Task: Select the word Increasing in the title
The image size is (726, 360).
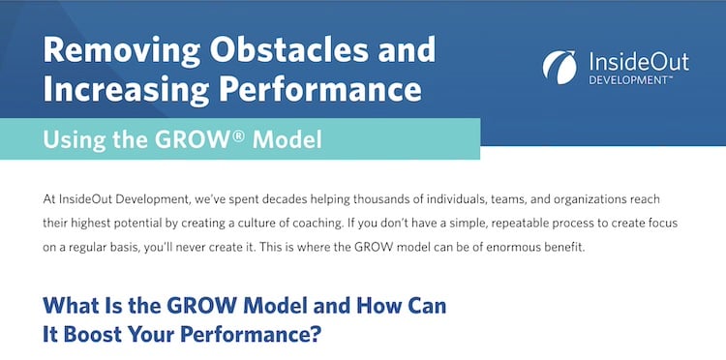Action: click(x=122, y=90)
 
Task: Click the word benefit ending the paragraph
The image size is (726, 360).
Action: click(x=590, y=247)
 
